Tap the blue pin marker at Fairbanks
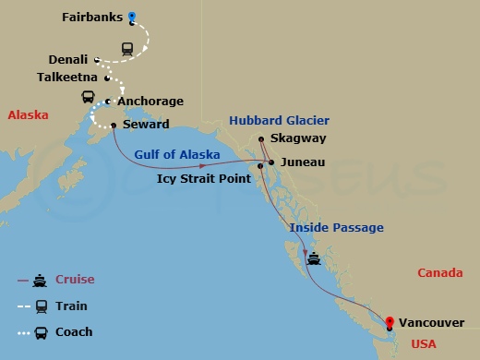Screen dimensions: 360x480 point(132,16)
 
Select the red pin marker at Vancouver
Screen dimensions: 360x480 point(390,322)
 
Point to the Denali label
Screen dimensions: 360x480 point(66,59)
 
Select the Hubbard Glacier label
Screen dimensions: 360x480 point(281,121)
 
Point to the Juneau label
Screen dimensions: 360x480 point(303,162)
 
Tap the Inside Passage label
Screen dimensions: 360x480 point(336,227)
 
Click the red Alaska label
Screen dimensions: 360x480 point(28,115)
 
